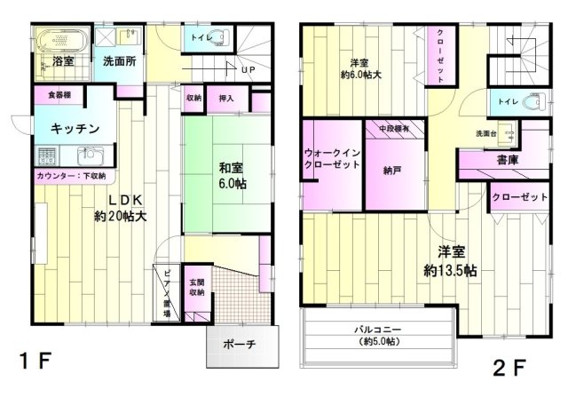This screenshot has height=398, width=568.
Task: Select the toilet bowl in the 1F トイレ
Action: (218, 40)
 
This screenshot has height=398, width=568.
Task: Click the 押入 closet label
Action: (225, 99)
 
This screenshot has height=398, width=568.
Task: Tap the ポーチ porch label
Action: (241, 345)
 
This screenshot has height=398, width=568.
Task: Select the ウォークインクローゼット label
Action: (330, 160)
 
